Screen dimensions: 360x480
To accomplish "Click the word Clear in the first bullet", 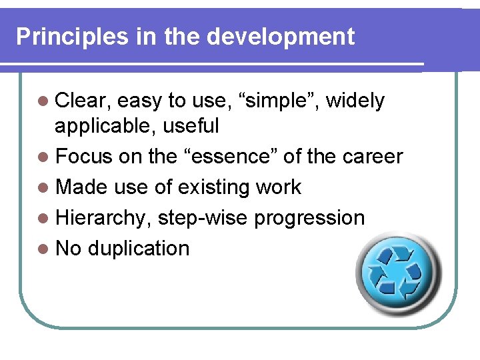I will tap(84, 101).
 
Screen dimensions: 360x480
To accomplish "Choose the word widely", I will tap(355, 101).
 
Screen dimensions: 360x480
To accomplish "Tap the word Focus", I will tap(85, 157).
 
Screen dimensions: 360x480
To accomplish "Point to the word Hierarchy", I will tap(103, 218).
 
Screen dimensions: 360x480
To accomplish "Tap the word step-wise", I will tap(201, 219).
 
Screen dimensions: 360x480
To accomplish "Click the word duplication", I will tap(139, 249).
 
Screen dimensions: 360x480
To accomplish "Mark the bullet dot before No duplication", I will tap(43, 249).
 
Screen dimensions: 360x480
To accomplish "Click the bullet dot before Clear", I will tap(43, 102).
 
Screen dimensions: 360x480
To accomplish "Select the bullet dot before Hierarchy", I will tap(43, 219).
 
